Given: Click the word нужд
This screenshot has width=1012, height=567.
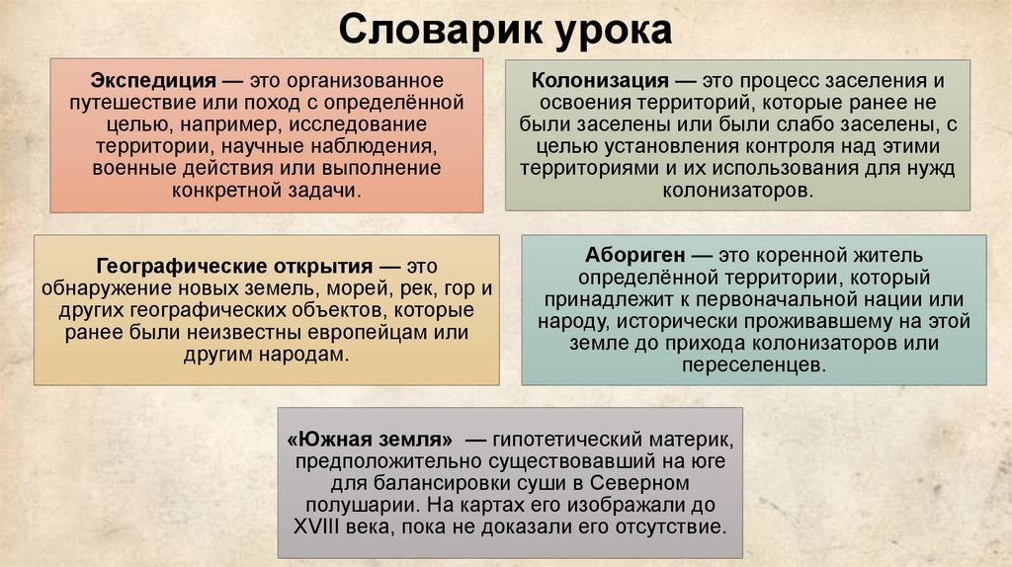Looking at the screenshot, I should (x=934, y=168).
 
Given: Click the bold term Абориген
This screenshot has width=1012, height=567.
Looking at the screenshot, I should (x=629, y=256).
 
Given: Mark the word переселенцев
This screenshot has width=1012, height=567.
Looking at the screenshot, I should (x=752, y=364).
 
